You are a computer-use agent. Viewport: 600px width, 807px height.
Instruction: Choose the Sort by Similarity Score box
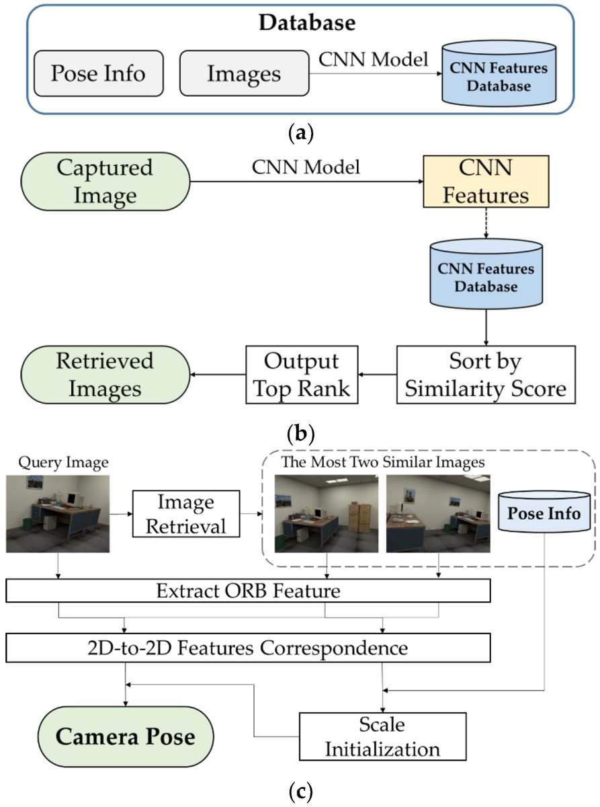(486, 375)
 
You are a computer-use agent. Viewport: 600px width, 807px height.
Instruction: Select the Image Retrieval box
(185, 514)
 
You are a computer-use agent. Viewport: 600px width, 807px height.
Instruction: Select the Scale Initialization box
(382, 736)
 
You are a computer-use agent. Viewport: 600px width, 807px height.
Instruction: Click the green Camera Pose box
(126, 737)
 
